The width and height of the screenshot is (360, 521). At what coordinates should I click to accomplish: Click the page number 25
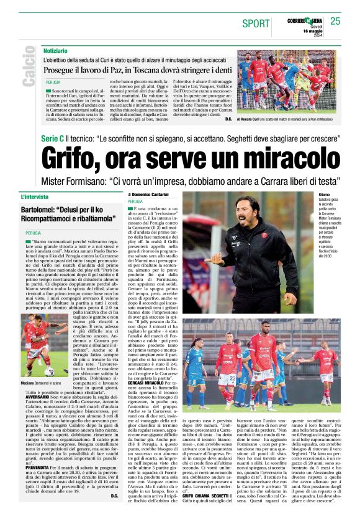tap(335, 21)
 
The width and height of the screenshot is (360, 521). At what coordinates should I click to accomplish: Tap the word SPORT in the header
tap(256, 23)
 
